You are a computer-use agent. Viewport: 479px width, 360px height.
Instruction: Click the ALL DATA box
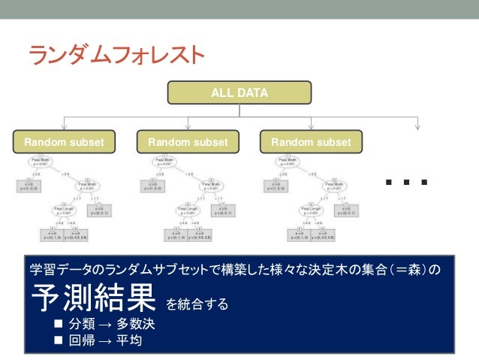(x=239, y=93)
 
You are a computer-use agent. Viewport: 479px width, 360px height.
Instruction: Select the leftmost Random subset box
(x=65, y=142)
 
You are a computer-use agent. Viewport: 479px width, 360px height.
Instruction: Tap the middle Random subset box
(x=188, y=142)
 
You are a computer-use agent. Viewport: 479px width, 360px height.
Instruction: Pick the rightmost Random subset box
(x=311, y=142)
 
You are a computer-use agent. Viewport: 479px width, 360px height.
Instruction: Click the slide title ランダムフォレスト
(x=116, y=54)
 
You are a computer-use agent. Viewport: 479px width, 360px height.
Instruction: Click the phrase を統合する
(x=196, y=304)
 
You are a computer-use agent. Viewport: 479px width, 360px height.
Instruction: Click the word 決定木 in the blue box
(x=343, y=269)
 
